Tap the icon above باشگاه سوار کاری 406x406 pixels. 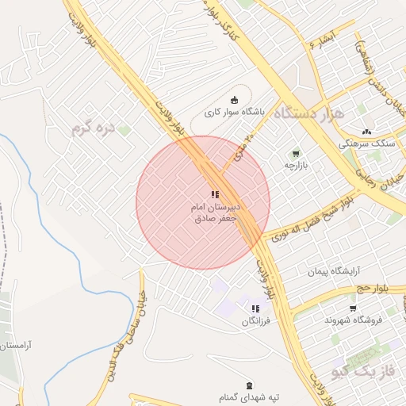point(233,100)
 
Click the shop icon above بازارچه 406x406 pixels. point(296,152)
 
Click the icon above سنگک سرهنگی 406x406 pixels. point(366,132)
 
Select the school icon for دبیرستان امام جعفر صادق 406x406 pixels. point(214,194)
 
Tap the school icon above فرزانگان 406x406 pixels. point(255,308)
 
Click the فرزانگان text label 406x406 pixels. point(257,322)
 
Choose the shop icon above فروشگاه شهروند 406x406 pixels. point(353,308)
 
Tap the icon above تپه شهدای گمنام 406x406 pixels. point(251,385)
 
